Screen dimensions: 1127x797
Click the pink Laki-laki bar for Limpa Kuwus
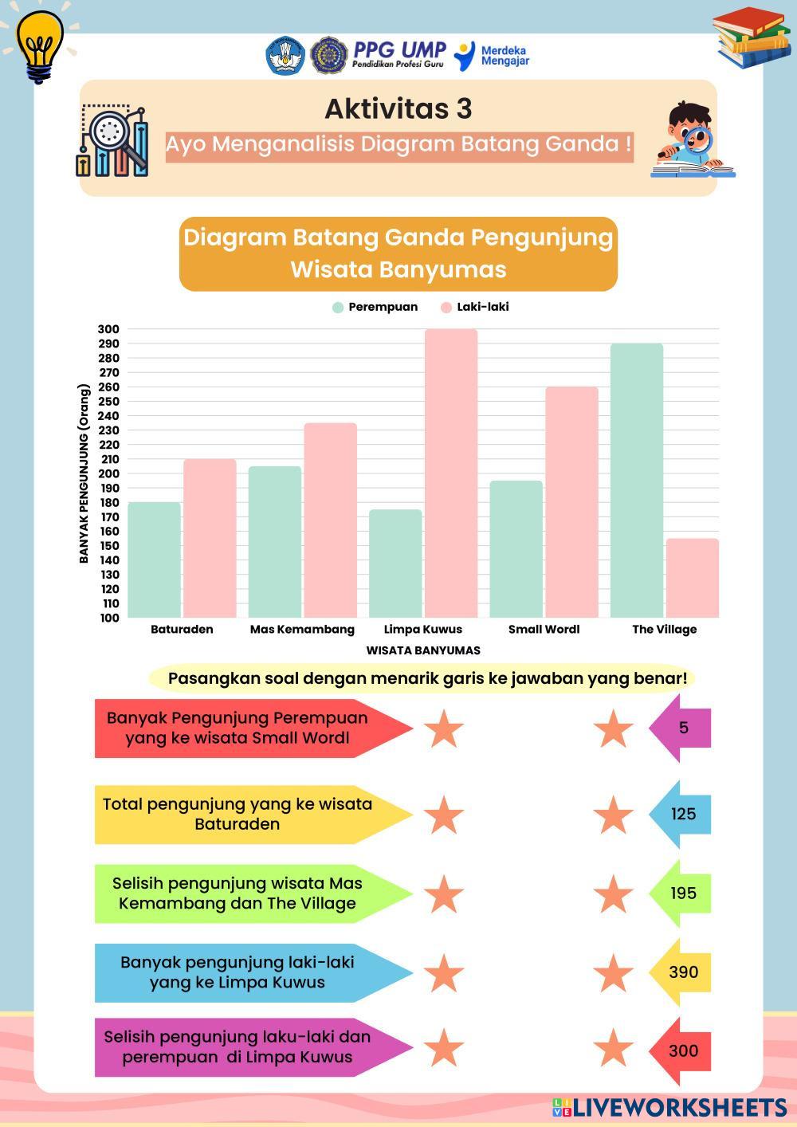(x=451, y=473)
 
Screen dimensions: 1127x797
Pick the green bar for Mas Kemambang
(x=275, y=542)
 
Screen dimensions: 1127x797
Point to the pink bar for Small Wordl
(x=571, y=502)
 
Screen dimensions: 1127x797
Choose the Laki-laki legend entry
(x=475, y=307)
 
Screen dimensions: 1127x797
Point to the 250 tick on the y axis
(x=108, y=401)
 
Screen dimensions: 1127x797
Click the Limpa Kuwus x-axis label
(x=423, y=629)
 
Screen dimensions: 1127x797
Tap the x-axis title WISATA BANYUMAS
(x=423, y=650)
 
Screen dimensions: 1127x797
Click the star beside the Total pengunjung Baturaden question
(x=443, y=815)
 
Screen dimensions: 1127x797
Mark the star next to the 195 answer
(x=613, y=893)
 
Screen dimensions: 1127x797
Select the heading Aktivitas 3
(x=398, y=108)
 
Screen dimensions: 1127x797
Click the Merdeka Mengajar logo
(x=493, y=55)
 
